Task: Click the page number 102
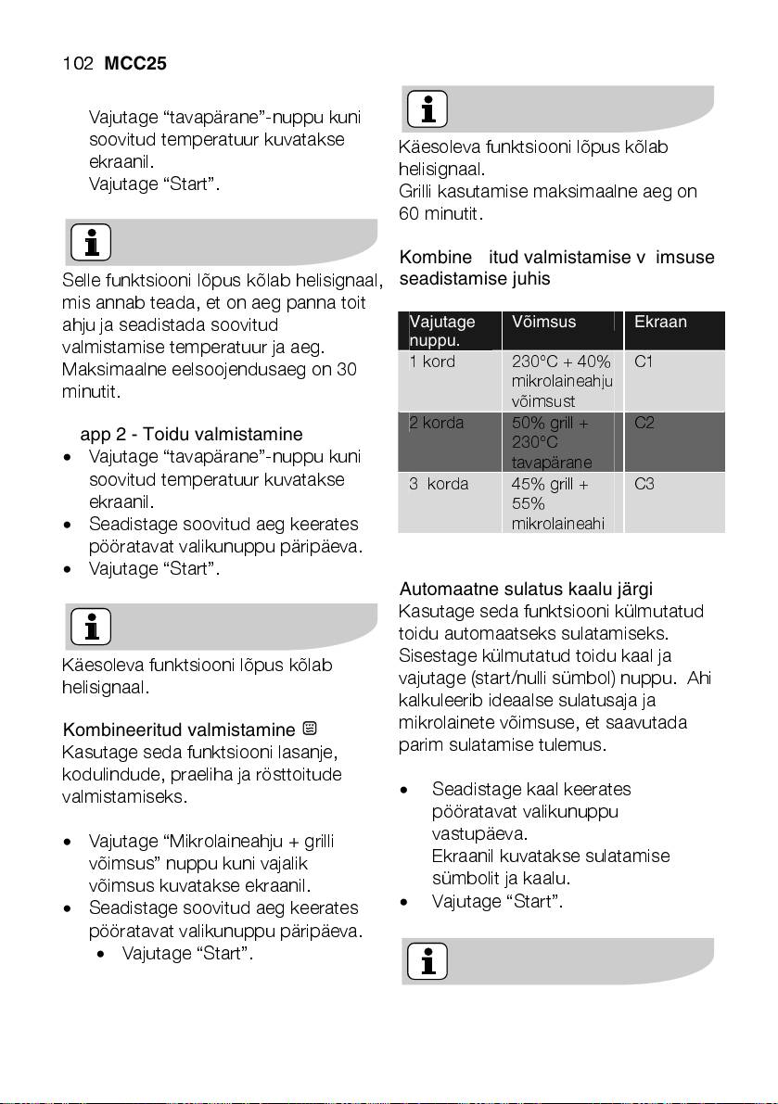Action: [76, 64]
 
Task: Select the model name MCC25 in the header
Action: [135, 64]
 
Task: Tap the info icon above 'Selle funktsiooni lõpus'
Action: [91, 243]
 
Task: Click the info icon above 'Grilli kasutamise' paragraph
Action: [426, 109]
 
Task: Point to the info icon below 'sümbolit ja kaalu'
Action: [426, 961]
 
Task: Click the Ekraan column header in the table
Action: [660, 323]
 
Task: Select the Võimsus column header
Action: [543, 323]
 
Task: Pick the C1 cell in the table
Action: [644, 362]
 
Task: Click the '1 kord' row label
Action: [432, 362]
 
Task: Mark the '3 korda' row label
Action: [439, 484]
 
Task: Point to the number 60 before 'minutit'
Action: [409, 214]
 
